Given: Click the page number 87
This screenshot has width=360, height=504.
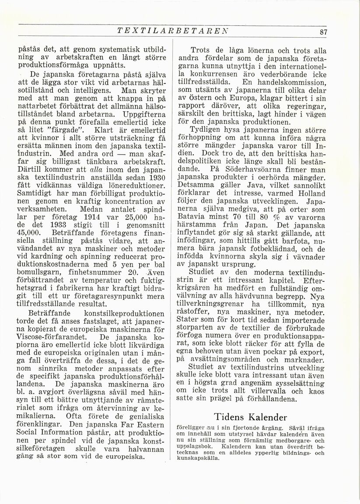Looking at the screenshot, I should (324, 31).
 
